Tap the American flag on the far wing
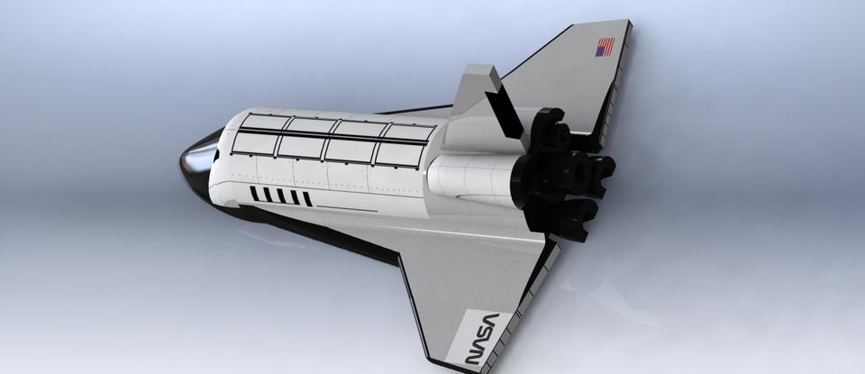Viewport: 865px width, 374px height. pyautogui.click(x=604, y=47)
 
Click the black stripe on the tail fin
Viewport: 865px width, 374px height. pyautogui.click(x=502, y=104)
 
